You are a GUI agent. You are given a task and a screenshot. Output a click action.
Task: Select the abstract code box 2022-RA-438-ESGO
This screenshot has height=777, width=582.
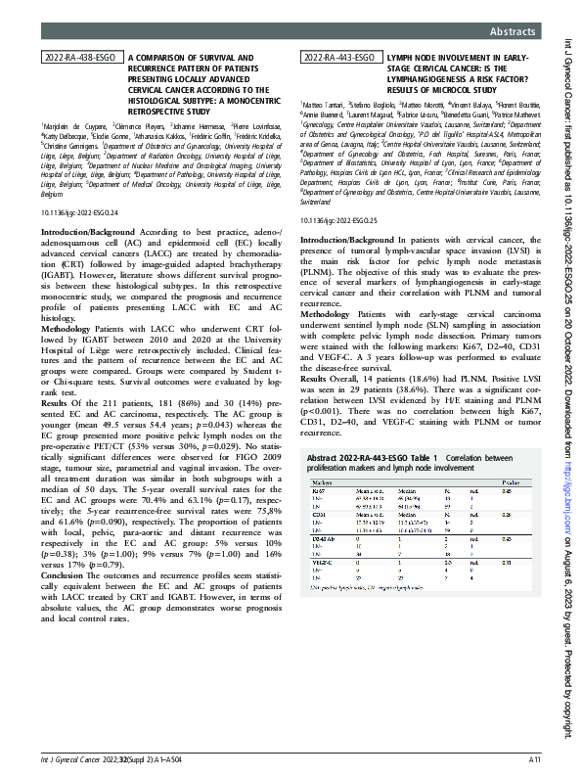(x=82, y=59)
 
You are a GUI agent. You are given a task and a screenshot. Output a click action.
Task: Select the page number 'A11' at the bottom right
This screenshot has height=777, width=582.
(x=535, y=758)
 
